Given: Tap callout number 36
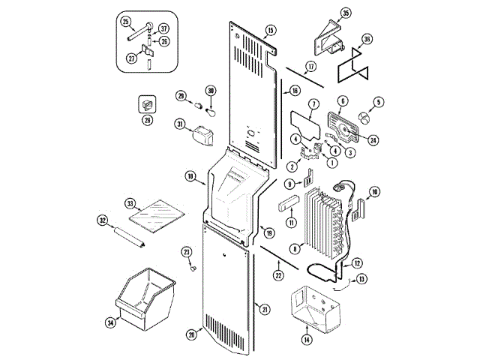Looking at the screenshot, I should (x=367, y=38).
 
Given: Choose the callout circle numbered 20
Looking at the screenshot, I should (x=191, y=334).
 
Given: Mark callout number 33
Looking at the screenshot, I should (x=130, y=203).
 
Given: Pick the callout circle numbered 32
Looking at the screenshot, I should (x=103, y=220).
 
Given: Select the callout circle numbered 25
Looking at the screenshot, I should (x=125, y=21).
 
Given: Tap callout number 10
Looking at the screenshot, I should (x=374, y=192).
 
